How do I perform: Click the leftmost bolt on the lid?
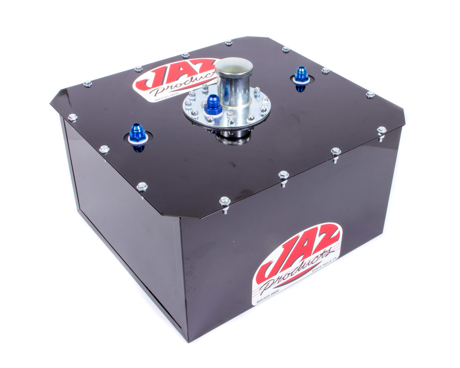tap(72, 117)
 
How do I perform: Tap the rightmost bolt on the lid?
tap(381, 130)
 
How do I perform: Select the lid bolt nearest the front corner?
tap(224, 201)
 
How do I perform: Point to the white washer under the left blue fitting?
tap(137, 139)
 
